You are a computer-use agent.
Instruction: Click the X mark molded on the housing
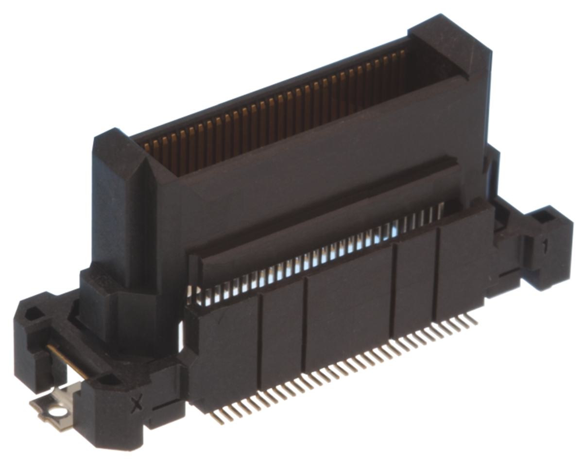click(137, 403)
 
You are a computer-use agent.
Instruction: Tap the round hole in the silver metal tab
click(59, 412)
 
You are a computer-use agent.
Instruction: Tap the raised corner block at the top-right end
click(452, 44)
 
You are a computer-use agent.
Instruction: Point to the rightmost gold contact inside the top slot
click(402, 56)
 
